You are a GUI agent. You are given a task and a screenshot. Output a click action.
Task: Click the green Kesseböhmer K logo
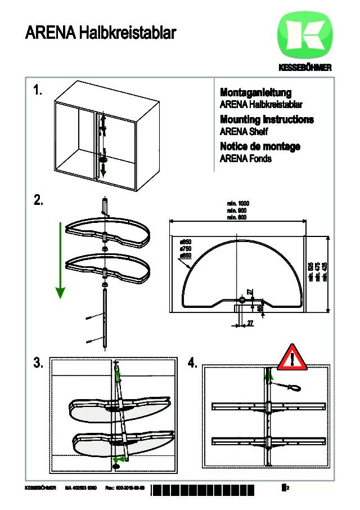304,38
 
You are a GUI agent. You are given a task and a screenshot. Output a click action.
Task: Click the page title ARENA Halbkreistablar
100,33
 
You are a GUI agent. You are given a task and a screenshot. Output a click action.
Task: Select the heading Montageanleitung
255,93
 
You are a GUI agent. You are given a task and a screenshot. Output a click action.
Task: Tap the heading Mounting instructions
267,119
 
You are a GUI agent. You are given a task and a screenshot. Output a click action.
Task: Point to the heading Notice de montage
259,146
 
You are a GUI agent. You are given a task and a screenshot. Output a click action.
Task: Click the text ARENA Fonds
245,159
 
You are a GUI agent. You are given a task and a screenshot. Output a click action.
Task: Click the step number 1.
38,91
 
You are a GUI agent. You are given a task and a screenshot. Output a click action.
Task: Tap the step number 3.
38,363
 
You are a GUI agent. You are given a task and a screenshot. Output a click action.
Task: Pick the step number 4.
192,363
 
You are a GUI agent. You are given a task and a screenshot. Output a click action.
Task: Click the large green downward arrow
60,259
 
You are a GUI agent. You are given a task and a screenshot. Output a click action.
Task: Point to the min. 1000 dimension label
238,203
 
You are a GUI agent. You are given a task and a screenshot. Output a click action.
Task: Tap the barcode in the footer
214,488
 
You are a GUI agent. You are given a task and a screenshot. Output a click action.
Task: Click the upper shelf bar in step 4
268,406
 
